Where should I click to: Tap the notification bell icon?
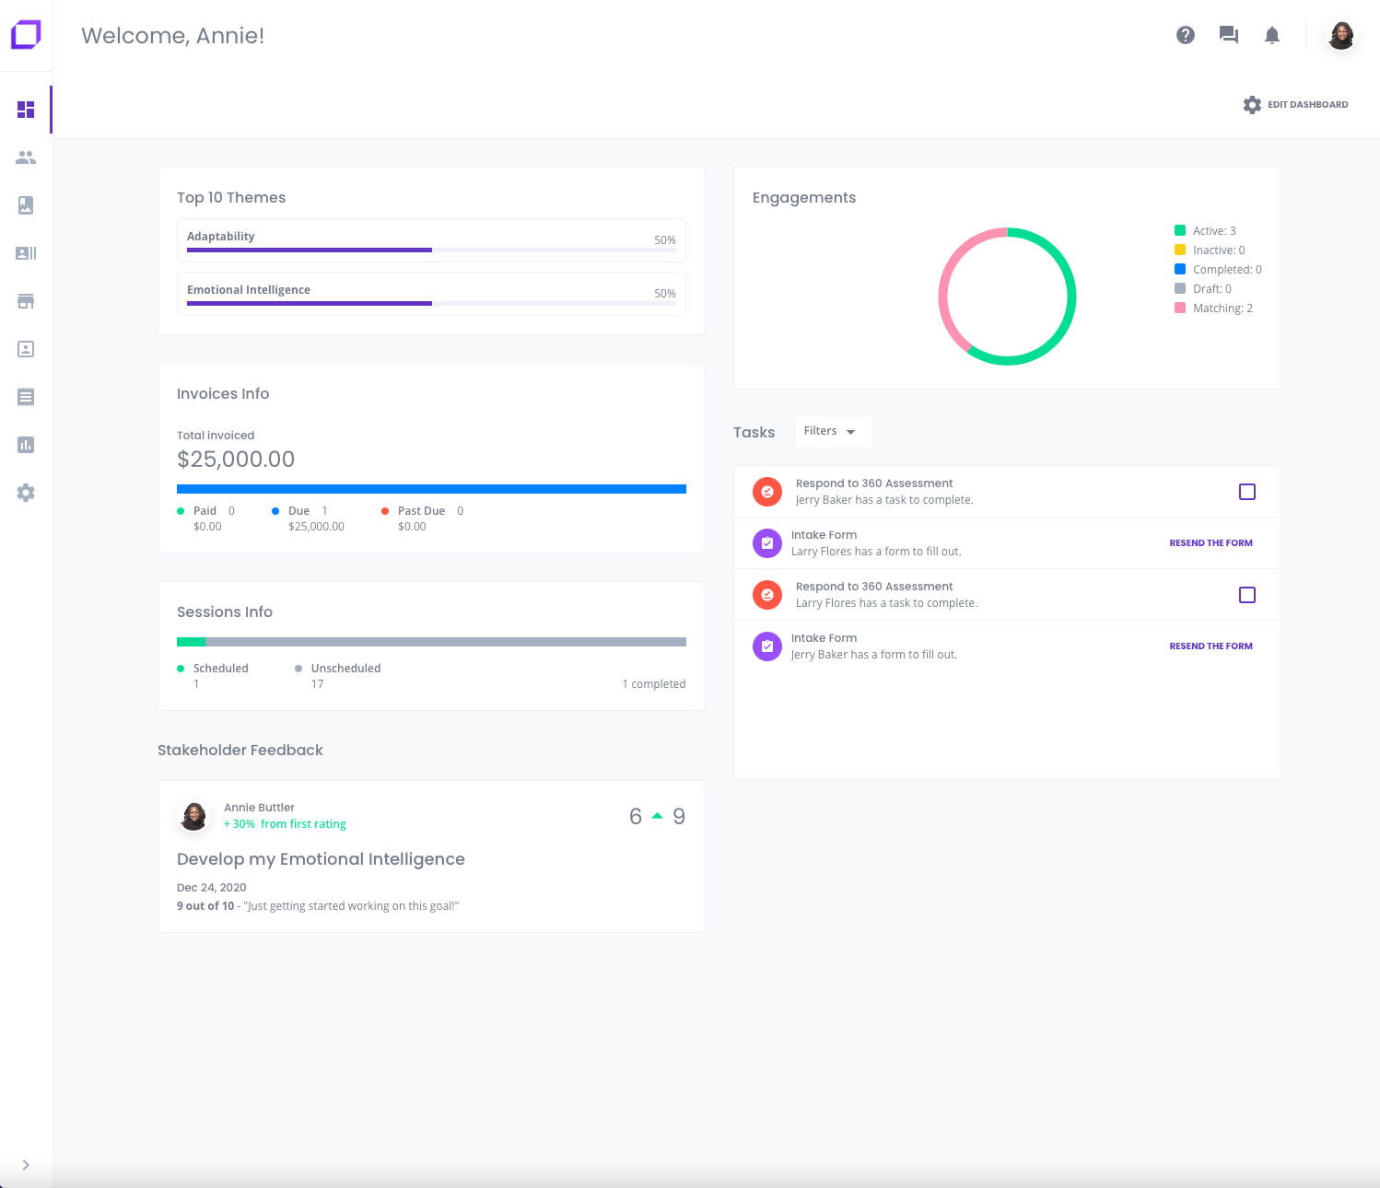1272,35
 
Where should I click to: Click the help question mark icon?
1186,35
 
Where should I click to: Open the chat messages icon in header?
1229,35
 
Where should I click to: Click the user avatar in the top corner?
1341,36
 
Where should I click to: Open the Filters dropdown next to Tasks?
831,431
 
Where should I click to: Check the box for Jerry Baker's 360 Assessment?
1247,492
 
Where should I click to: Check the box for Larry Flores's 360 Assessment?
1247,595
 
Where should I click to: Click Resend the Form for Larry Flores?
1210,543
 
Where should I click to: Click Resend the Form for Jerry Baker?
1210,646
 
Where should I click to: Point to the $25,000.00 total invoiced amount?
236,460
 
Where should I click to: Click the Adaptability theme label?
221,237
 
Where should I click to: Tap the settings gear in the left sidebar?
26,493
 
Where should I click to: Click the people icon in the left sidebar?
26,157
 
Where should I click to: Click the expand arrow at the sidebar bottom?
26,1165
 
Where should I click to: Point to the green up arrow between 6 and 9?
657,816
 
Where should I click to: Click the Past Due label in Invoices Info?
421,511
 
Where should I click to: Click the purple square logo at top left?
26,35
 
